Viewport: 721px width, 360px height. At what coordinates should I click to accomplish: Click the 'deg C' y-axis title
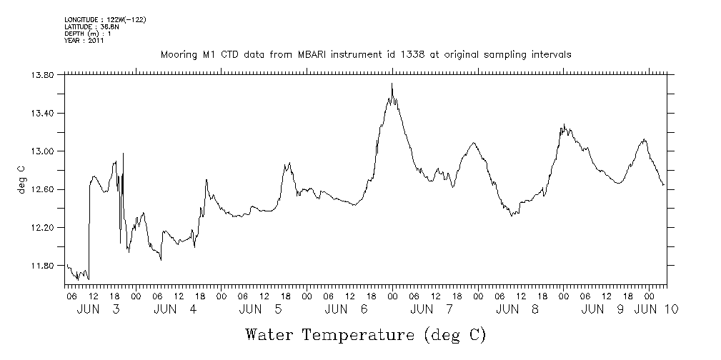pyautogui.click(x=21, y=179)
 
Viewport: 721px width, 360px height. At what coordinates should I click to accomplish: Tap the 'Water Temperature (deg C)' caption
pyautogui.click(x=365, y=334)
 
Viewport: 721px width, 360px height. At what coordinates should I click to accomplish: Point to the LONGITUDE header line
pyautogui.click(x=105, y=19)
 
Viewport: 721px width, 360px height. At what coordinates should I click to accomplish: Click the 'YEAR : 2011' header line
pyautogui.click(x=84, y=41)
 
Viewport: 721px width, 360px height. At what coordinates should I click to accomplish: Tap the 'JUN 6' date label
pyautogui.click(x=346, y=309)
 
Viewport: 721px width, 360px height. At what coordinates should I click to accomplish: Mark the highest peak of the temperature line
pyautogui.click(x=392, y=84)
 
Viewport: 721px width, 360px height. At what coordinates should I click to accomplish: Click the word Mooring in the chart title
pyautogui.click(x=179, y=54)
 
